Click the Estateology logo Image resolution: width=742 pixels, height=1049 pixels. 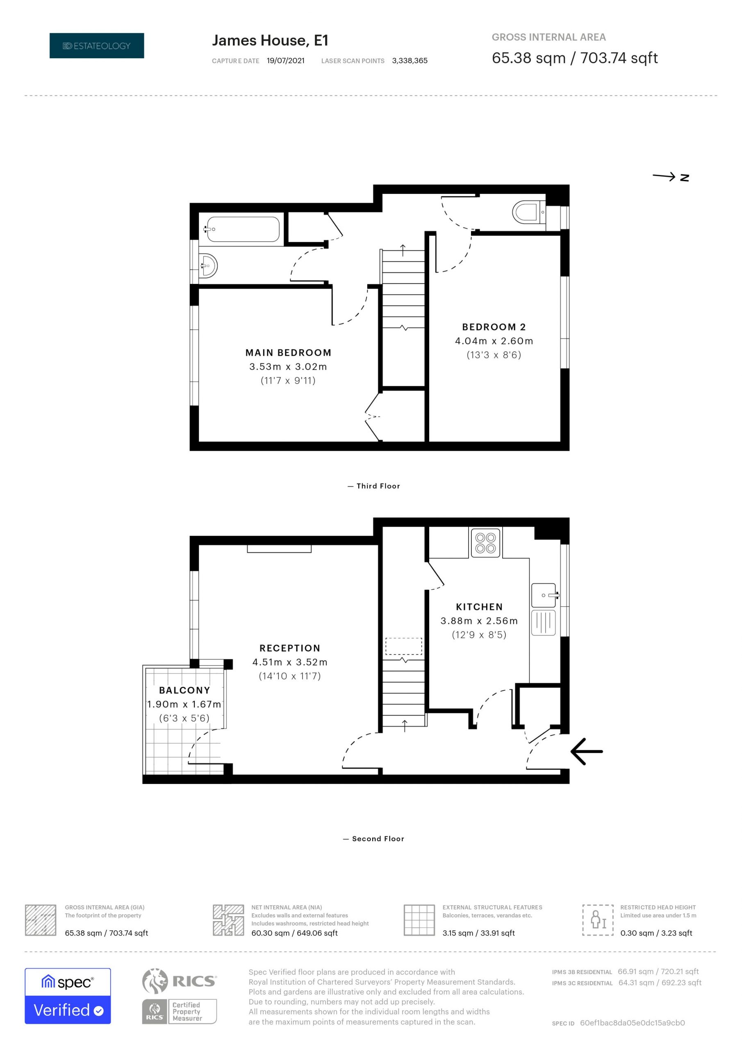click(96, 45)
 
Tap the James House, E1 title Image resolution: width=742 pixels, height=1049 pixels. click(270, 41)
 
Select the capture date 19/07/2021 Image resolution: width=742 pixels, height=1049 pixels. click(286, 61)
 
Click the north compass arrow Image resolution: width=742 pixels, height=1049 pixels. click(670, 177)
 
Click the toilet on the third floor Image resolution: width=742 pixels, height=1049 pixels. click(529, 212)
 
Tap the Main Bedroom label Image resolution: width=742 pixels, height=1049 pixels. click(288, 353)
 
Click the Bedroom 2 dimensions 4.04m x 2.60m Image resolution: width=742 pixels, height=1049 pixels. click(494, 341)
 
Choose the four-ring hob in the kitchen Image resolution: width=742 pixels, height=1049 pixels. click(485, 543)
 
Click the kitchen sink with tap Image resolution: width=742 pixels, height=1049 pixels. click(544, 595)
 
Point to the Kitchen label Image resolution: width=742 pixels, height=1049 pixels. click(479, 607)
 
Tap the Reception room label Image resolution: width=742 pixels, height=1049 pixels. click(290, 648)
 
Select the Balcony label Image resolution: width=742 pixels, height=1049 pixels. click(184, 690)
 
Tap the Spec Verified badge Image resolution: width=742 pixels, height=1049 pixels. click(68, 996)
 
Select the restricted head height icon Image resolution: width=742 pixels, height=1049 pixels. click(598, 920)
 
